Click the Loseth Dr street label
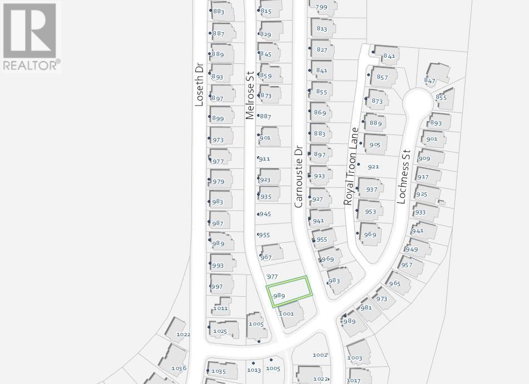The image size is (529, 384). (x=199, y=83)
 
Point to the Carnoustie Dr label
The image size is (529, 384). (x=298, y=177)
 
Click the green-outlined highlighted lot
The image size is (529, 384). (x=289, y=291)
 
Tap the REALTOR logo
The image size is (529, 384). (x=30, y=37)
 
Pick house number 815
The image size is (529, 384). (x=266, y=11)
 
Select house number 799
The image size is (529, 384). (x=322, y=7)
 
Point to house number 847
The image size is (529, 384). (x=430, y=81)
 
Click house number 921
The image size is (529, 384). (x=373, y=167)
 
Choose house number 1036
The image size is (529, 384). (x=179, y=368)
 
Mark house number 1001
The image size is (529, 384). (x=286, y=313)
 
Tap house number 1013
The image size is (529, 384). (x=254, y=370)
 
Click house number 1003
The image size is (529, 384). (x=354, y=358)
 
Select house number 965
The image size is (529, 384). (x=395, y=283)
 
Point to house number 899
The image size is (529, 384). (x=218, y=118)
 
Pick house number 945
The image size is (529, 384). (x=265, y=214)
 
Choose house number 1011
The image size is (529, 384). (x=221, y=307)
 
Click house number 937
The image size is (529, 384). (x=371, y=189)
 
